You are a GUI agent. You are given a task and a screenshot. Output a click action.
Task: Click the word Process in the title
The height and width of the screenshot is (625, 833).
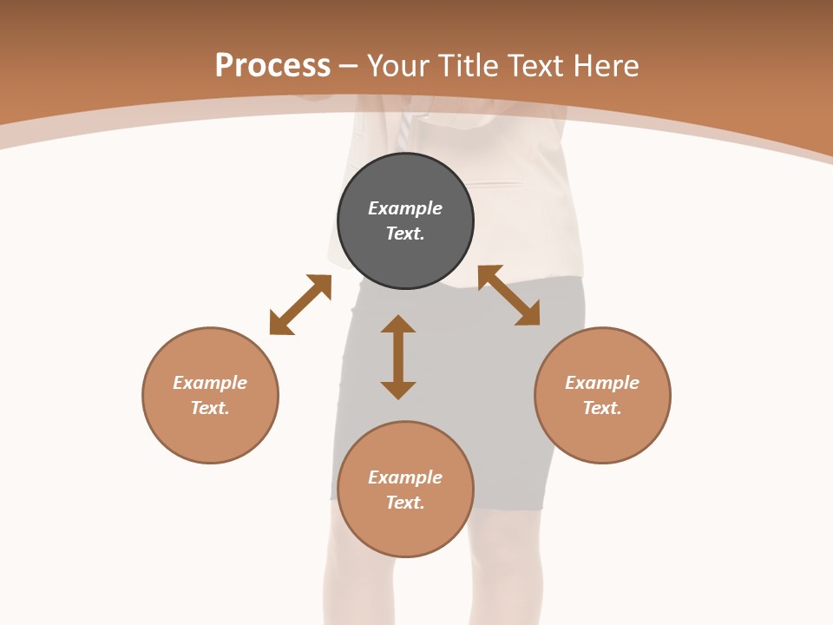(272, 66)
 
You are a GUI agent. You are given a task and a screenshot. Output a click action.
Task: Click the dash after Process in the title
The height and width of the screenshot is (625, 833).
(349, 67)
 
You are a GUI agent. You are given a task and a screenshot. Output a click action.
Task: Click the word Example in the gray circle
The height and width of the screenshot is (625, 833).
(405, 208)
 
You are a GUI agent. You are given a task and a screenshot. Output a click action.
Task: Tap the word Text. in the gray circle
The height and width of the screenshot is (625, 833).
(405, 234)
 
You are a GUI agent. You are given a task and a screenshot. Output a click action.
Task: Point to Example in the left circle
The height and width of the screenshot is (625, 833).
(210, 383)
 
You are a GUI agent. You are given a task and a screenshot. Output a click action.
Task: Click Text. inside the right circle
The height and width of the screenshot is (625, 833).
(602, 408)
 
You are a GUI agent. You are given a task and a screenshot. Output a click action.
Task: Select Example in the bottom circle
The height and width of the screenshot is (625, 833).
(405, 477)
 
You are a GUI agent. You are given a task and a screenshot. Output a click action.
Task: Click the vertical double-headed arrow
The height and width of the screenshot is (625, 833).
(398, 357)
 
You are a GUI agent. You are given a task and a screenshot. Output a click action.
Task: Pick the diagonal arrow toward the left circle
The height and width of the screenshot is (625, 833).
(300, 305)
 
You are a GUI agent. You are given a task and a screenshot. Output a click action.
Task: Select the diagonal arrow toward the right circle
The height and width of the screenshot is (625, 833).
(508, 296)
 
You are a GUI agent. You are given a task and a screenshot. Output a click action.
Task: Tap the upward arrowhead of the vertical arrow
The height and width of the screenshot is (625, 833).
(398, 324)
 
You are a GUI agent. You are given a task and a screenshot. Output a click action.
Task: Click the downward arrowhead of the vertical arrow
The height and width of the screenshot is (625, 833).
(398, 390)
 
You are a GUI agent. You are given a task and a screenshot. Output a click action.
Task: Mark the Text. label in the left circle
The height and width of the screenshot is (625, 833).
(210, 408)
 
